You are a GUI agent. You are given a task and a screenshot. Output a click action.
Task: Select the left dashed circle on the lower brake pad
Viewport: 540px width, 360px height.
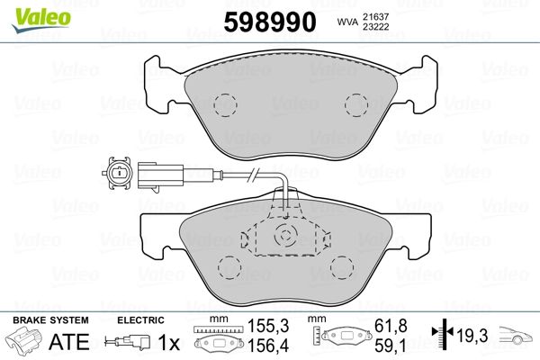[x=226, y=268]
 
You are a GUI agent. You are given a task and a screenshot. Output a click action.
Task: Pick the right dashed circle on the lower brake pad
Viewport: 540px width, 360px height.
[x=343, y=268]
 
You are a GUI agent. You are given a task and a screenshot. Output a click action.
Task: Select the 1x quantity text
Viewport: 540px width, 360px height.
[x=168, y=343]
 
